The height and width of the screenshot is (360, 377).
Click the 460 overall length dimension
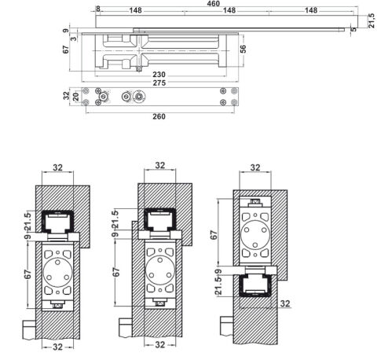(213, 4)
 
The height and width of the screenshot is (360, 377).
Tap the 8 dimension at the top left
(98, 9)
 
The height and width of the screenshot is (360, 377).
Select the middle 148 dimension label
(229, 10)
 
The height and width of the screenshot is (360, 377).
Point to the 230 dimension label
(159, 75)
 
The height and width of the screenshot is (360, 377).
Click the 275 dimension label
(159, 83)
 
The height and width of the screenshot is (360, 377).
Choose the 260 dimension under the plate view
(159, 116)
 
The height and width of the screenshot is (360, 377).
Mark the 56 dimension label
(243, 49)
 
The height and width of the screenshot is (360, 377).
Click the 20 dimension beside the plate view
(76, 97)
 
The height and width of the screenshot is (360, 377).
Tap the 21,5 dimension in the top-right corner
(372, 20)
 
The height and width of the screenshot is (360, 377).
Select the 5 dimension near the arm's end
(353, 29)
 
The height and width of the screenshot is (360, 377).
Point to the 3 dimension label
(75, 39)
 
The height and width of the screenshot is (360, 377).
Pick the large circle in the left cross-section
(57, 272)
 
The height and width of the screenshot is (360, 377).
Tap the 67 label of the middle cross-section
(116, 272)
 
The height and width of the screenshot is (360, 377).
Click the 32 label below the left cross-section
(57, 347)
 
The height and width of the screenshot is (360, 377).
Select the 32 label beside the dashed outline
(285, 303)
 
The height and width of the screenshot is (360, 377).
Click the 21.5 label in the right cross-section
(218, 285)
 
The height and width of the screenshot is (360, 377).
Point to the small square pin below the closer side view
(139, 69)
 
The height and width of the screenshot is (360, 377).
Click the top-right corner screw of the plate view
(234, 91)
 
